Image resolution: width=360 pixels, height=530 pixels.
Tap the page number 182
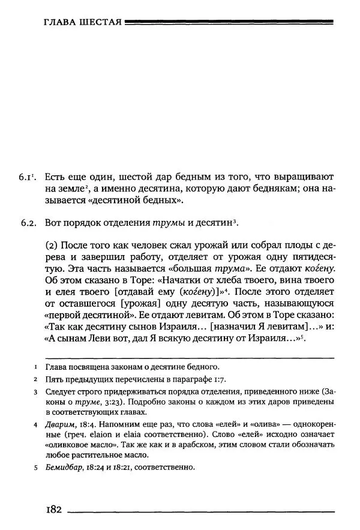tap(54, 509)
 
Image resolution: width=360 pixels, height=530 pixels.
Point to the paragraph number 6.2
tap(29, 223)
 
